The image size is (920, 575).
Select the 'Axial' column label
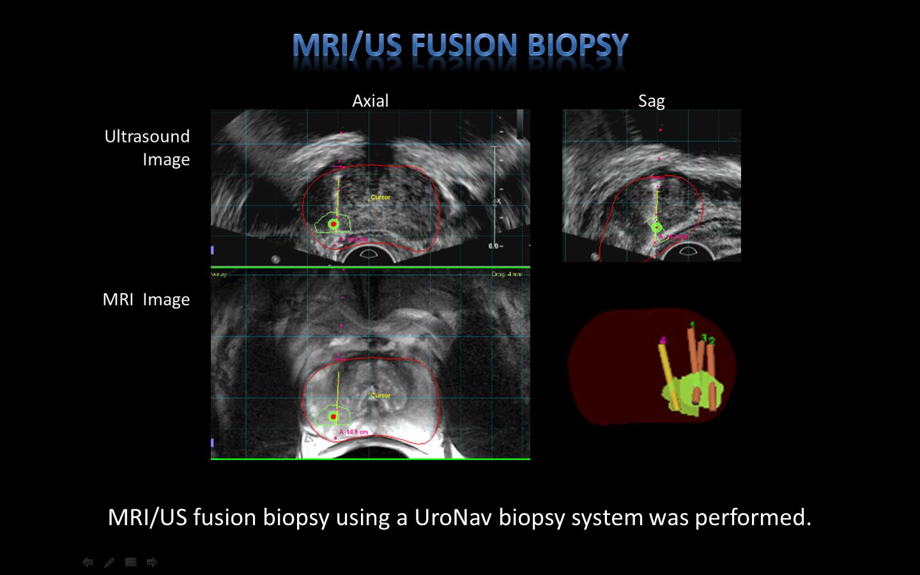[x=371, y=101]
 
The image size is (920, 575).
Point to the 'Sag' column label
[x=651, y=101]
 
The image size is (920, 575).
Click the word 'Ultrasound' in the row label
[x=147, y=136]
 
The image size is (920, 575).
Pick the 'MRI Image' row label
[x=146, y=300]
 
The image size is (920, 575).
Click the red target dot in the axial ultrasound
[x=333, y=224]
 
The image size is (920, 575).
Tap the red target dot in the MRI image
[x=333, y=417]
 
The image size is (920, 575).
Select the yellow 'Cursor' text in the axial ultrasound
[x=381, y=197]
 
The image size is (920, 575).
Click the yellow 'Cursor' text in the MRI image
[x=381, y=395]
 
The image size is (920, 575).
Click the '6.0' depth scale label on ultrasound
[x=494, y=245]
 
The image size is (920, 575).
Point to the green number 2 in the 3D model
[x=712, y=341]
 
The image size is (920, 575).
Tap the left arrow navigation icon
[x=88, y=562]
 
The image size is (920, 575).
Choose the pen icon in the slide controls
[x=109, y=562]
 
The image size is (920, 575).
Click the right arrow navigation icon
[x=152, y=562]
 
